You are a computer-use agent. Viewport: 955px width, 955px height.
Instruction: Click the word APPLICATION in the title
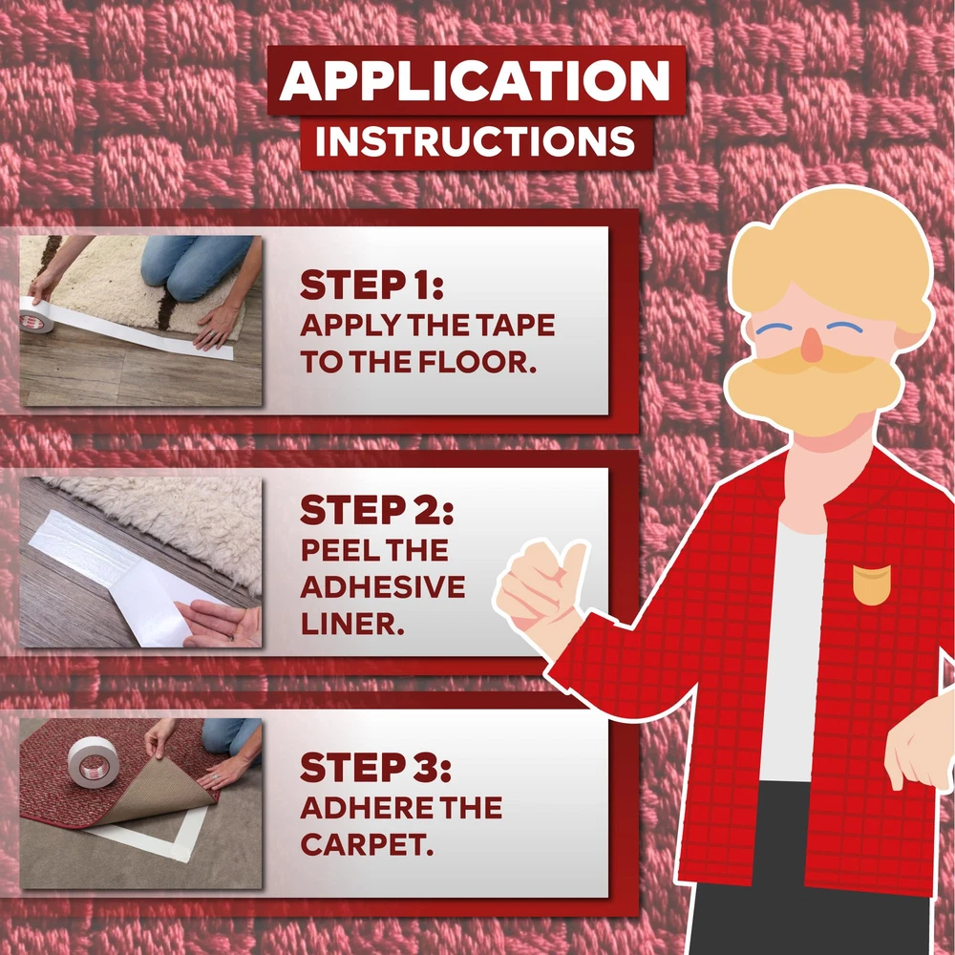[x=475, y=80]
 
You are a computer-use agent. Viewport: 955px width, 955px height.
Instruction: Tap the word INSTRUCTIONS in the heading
[x=475, y=141]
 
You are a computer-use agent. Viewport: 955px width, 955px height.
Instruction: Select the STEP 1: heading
[x=371, y=285]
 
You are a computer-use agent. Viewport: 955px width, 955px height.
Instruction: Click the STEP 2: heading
[x=377, y=509]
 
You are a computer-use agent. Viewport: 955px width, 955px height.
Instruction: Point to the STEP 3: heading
[x=375, y=767]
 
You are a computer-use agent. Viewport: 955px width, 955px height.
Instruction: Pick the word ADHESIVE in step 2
[x=383, y=587]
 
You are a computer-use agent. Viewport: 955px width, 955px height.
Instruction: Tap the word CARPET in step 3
[x=367, y=845]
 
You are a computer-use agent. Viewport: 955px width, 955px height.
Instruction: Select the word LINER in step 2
[x=352, y=625]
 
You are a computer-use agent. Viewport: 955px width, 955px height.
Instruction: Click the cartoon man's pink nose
[x=812, y=345]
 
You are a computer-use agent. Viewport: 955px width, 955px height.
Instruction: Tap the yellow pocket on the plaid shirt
[x=872, y=584]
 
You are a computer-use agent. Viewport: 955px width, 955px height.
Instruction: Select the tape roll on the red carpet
[x=92, y=761]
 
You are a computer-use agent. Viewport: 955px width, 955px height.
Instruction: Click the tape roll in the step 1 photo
[x=36, y=315]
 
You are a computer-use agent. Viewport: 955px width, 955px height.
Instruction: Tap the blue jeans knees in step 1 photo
[x=195, y=265]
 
